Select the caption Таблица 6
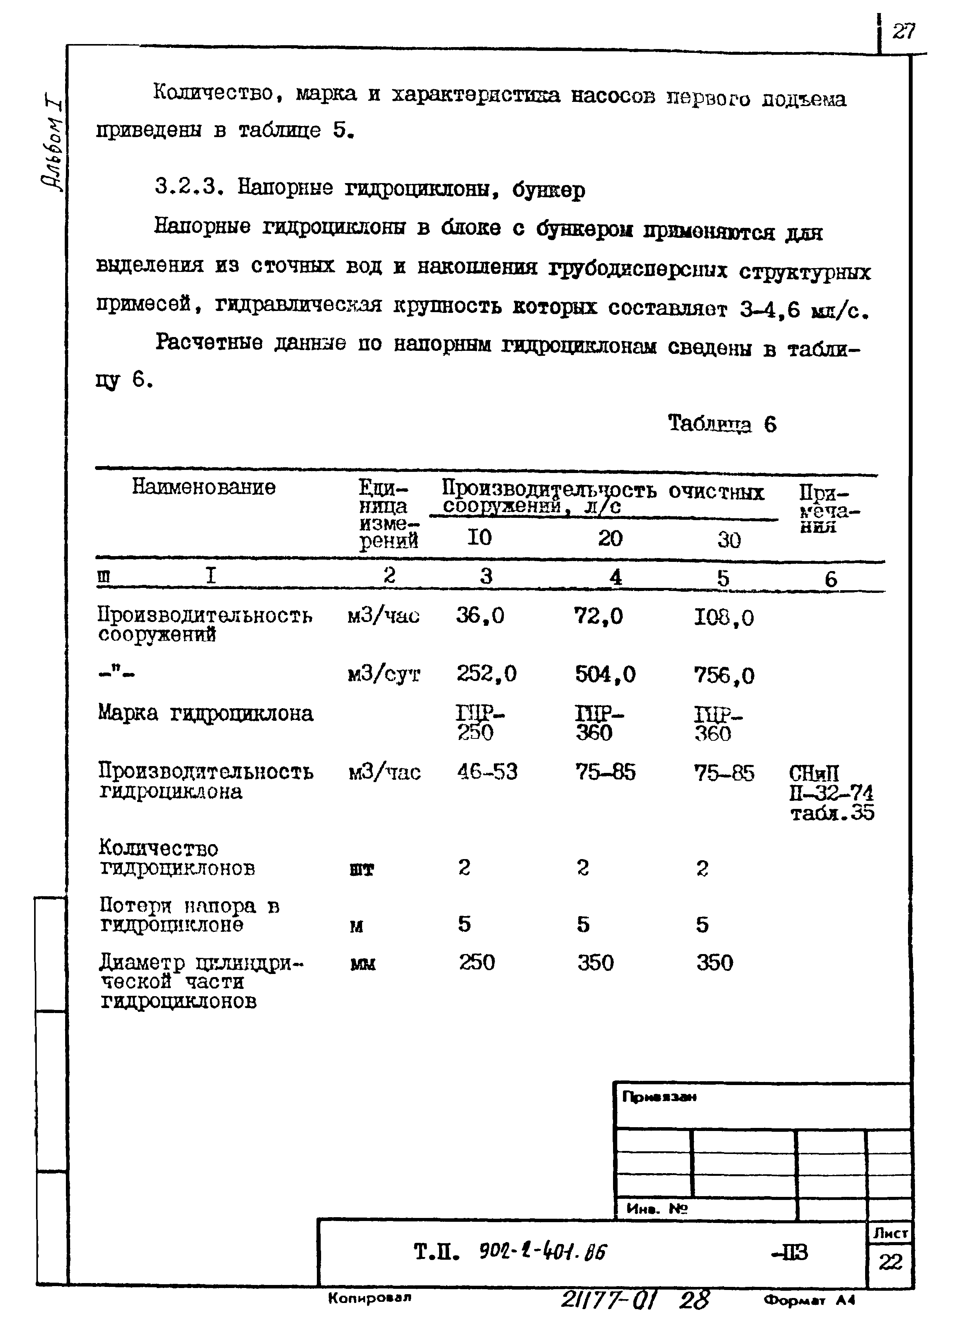722,424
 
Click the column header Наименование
203,487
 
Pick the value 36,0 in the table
480,616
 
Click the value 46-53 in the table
487,772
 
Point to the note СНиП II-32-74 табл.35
830,793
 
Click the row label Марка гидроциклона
205,714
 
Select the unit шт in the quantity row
361,870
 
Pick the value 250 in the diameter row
477,963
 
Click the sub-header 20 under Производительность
610,538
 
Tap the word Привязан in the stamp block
659,1097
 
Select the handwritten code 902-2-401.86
543,1252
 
